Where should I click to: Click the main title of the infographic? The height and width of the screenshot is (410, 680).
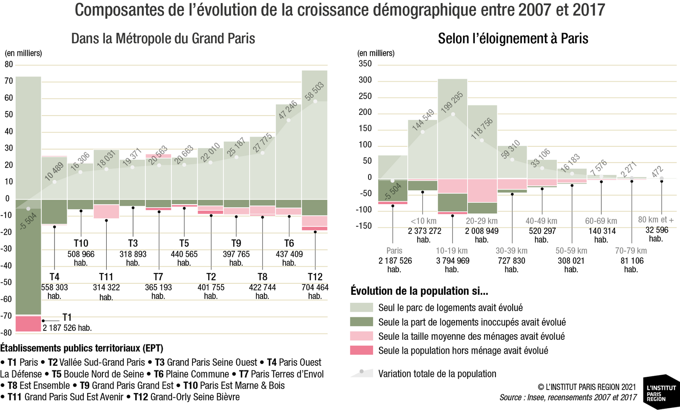(x=340, y=10)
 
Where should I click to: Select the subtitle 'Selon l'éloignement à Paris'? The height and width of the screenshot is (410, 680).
(x=513, y=39)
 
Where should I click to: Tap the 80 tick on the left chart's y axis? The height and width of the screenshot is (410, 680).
(x=9, y=64)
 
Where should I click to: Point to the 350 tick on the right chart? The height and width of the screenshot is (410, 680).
(x=365, y=64)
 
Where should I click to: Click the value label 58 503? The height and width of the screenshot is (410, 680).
(x=314, y=91)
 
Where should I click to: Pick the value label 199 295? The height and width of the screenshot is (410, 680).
(x=452, y=102)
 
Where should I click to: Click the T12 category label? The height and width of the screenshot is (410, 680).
(x=315, y=277)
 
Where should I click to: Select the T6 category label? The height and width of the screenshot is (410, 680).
(x=289, y=243)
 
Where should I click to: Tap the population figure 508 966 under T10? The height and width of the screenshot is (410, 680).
(x=81, y=254)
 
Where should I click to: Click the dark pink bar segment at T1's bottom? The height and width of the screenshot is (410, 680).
(x=28, y=324)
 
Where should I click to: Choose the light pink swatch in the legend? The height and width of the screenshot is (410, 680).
(x=361, y=336)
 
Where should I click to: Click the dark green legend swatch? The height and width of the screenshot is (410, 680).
(x=361, y=322)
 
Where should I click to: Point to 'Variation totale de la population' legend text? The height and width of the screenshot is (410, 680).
(x=437, y=374)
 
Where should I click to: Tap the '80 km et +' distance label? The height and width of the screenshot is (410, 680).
(x=656, y=219)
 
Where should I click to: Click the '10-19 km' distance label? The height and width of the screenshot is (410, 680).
(x=452, y=251)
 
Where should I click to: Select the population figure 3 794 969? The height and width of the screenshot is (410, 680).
(x=453, y=261)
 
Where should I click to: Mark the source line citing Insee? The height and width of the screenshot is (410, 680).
(x=568, y=397)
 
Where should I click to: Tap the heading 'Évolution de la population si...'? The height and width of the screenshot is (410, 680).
(x=419, y=291)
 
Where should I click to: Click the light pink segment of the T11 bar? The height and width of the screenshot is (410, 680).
(x=106, y=211)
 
